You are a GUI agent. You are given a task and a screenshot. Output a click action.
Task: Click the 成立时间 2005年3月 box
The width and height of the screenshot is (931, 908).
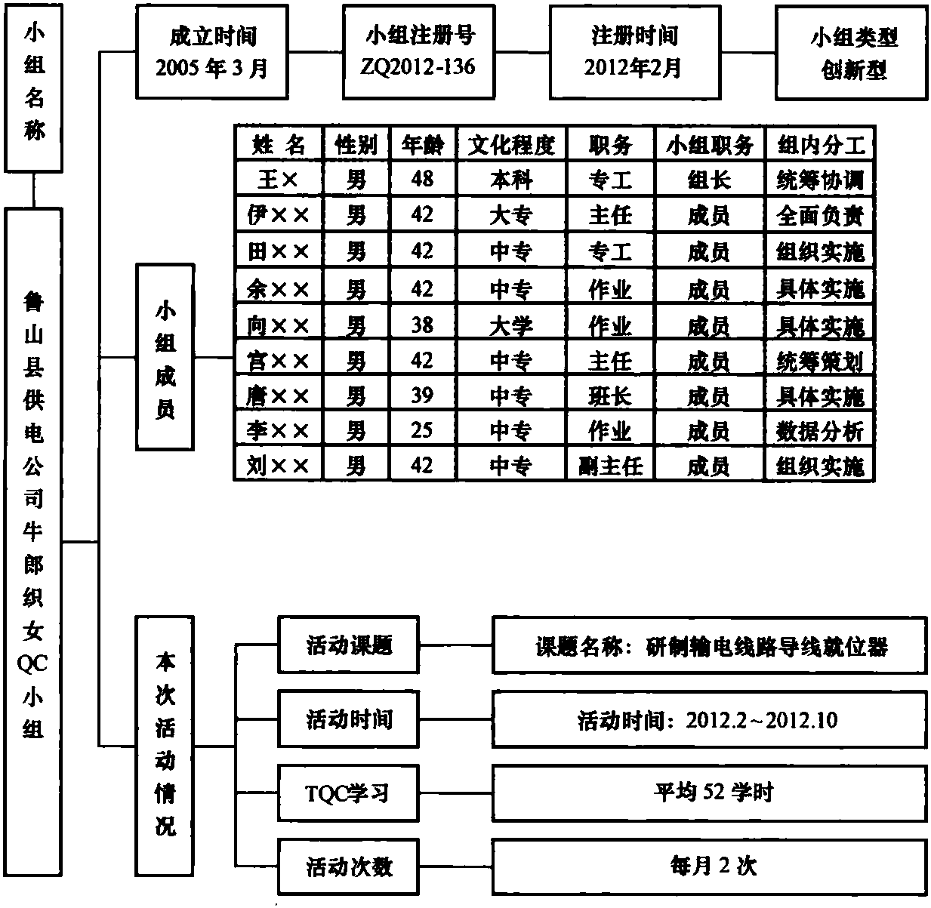[212, 51]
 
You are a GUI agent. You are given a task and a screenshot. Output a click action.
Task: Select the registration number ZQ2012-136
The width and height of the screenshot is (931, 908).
[418, 67]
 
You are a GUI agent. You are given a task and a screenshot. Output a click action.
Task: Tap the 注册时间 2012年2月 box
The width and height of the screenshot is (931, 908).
[635, 52]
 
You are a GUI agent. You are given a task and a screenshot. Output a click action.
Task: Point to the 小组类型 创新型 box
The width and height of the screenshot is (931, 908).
[852, 53]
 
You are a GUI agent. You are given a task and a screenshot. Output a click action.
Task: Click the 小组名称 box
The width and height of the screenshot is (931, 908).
[33, 88]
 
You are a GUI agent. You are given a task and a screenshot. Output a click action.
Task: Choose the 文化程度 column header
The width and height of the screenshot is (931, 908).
[511, 144]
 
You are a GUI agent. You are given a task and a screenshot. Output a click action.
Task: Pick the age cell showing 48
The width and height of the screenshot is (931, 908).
[422, 179]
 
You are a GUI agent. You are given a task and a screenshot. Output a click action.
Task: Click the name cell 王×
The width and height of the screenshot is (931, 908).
[278, 179]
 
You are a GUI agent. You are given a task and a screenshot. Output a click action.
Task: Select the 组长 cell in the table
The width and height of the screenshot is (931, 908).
[710, 180]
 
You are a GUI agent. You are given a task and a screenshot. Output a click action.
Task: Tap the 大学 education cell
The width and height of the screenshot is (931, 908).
[511, 326]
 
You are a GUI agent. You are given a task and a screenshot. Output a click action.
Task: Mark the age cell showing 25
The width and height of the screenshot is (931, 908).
[422, 430]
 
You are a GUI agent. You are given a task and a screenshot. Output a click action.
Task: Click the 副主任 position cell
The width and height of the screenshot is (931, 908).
[610, 466]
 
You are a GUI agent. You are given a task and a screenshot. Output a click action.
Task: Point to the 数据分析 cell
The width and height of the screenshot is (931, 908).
[820, 430]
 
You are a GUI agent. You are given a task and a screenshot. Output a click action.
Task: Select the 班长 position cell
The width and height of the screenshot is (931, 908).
[610, 396]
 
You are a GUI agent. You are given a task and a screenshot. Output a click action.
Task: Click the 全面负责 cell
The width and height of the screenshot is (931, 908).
[820, 215]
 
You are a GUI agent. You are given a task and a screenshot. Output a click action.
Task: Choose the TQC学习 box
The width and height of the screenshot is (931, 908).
[349, 793]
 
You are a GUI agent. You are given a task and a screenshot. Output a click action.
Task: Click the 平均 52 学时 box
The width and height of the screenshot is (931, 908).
[710, 793]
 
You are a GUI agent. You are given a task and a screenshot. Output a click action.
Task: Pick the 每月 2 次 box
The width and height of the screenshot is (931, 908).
[710, 866]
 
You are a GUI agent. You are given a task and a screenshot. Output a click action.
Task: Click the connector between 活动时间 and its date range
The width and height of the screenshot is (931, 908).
[455, 719]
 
